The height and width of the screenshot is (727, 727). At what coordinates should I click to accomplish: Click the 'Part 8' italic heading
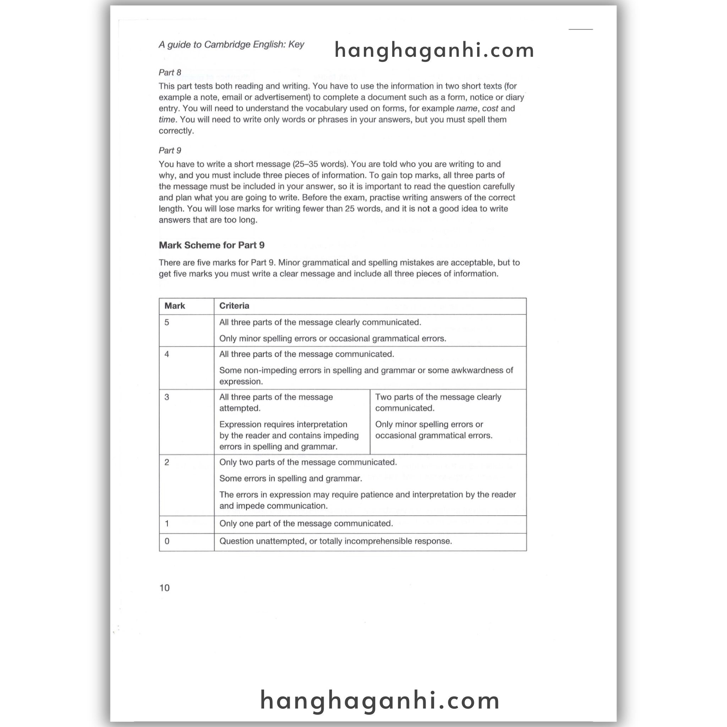(x=170, y=72)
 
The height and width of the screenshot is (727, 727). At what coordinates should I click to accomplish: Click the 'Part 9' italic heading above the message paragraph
(x=170, y=151)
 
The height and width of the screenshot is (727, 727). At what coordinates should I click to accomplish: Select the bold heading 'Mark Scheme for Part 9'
(x=212, y=245)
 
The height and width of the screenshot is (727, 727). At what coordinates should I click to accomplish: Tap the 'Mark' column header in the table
(x=175, y=306)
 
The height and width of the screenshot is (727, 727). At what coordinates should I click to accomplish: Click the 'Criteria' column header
(x=234, y=306)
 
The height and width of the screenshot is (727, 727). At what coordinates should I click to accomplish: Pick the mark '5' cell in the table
(x=167, y=322)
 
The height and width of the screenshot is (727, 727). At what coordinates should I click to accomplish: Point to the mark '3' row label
(x=167, y=397)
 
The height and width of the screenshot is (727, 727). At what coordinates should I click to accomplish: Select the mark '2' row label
(x=167, y=462)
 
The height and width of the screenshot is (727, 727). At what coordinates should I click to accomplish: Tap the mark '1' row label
(x=167, y=524)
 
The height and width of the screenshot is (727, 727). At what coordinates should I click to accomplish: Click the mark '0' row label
(x=167, y=541)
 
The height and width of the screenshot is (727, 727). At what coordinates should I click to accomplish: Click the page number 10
(x=164, y=588)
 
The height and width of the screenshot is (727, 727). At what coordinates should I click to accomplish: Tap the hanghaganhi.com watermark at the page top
(x=434, y=50)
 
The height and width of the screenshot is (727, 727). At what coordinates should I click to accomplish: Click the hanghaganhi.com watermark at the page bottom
(x=380, y=700)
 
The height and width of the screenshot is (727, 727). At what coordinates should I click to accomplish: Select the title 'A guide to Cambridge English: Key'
(x=231, y=44)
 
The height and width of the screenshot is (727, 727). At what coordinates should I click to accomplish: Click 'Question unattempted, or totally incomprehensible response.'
(x=336, y=541)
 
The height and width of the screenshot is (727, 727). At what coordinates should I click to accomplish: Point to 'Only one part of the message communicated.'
(x=306, y=524)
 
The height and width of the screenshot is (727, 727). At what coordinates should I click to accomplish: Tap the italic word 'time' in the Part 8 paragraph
(x=167, y=120)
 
